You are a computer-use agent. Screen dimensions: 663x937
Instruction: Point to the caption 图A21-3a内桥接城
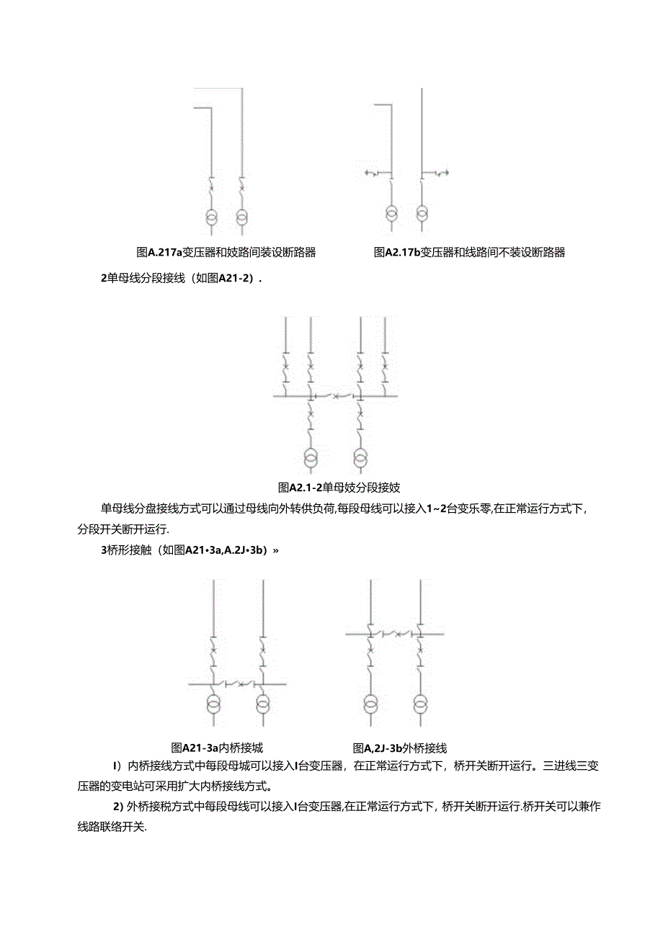[222, 748]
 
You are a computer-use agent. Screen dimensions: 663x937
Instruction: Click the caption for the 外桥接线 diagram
[400, 748]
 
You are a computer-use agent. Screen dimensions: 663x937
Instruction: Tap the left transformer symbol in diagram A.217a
[210, 215]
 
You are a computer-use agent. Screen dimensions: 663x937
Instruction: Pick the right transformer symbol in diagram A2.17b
[422, 214]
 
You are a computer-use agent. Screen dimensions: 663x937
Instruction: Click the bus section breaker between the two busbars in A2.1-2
[335, 395]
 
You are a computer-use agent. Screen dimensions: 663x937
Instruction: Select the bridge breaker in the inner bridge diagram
[239, 682]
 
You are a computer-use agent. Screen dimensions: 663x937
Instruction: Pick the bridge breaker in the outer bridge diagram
[395, 634]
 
